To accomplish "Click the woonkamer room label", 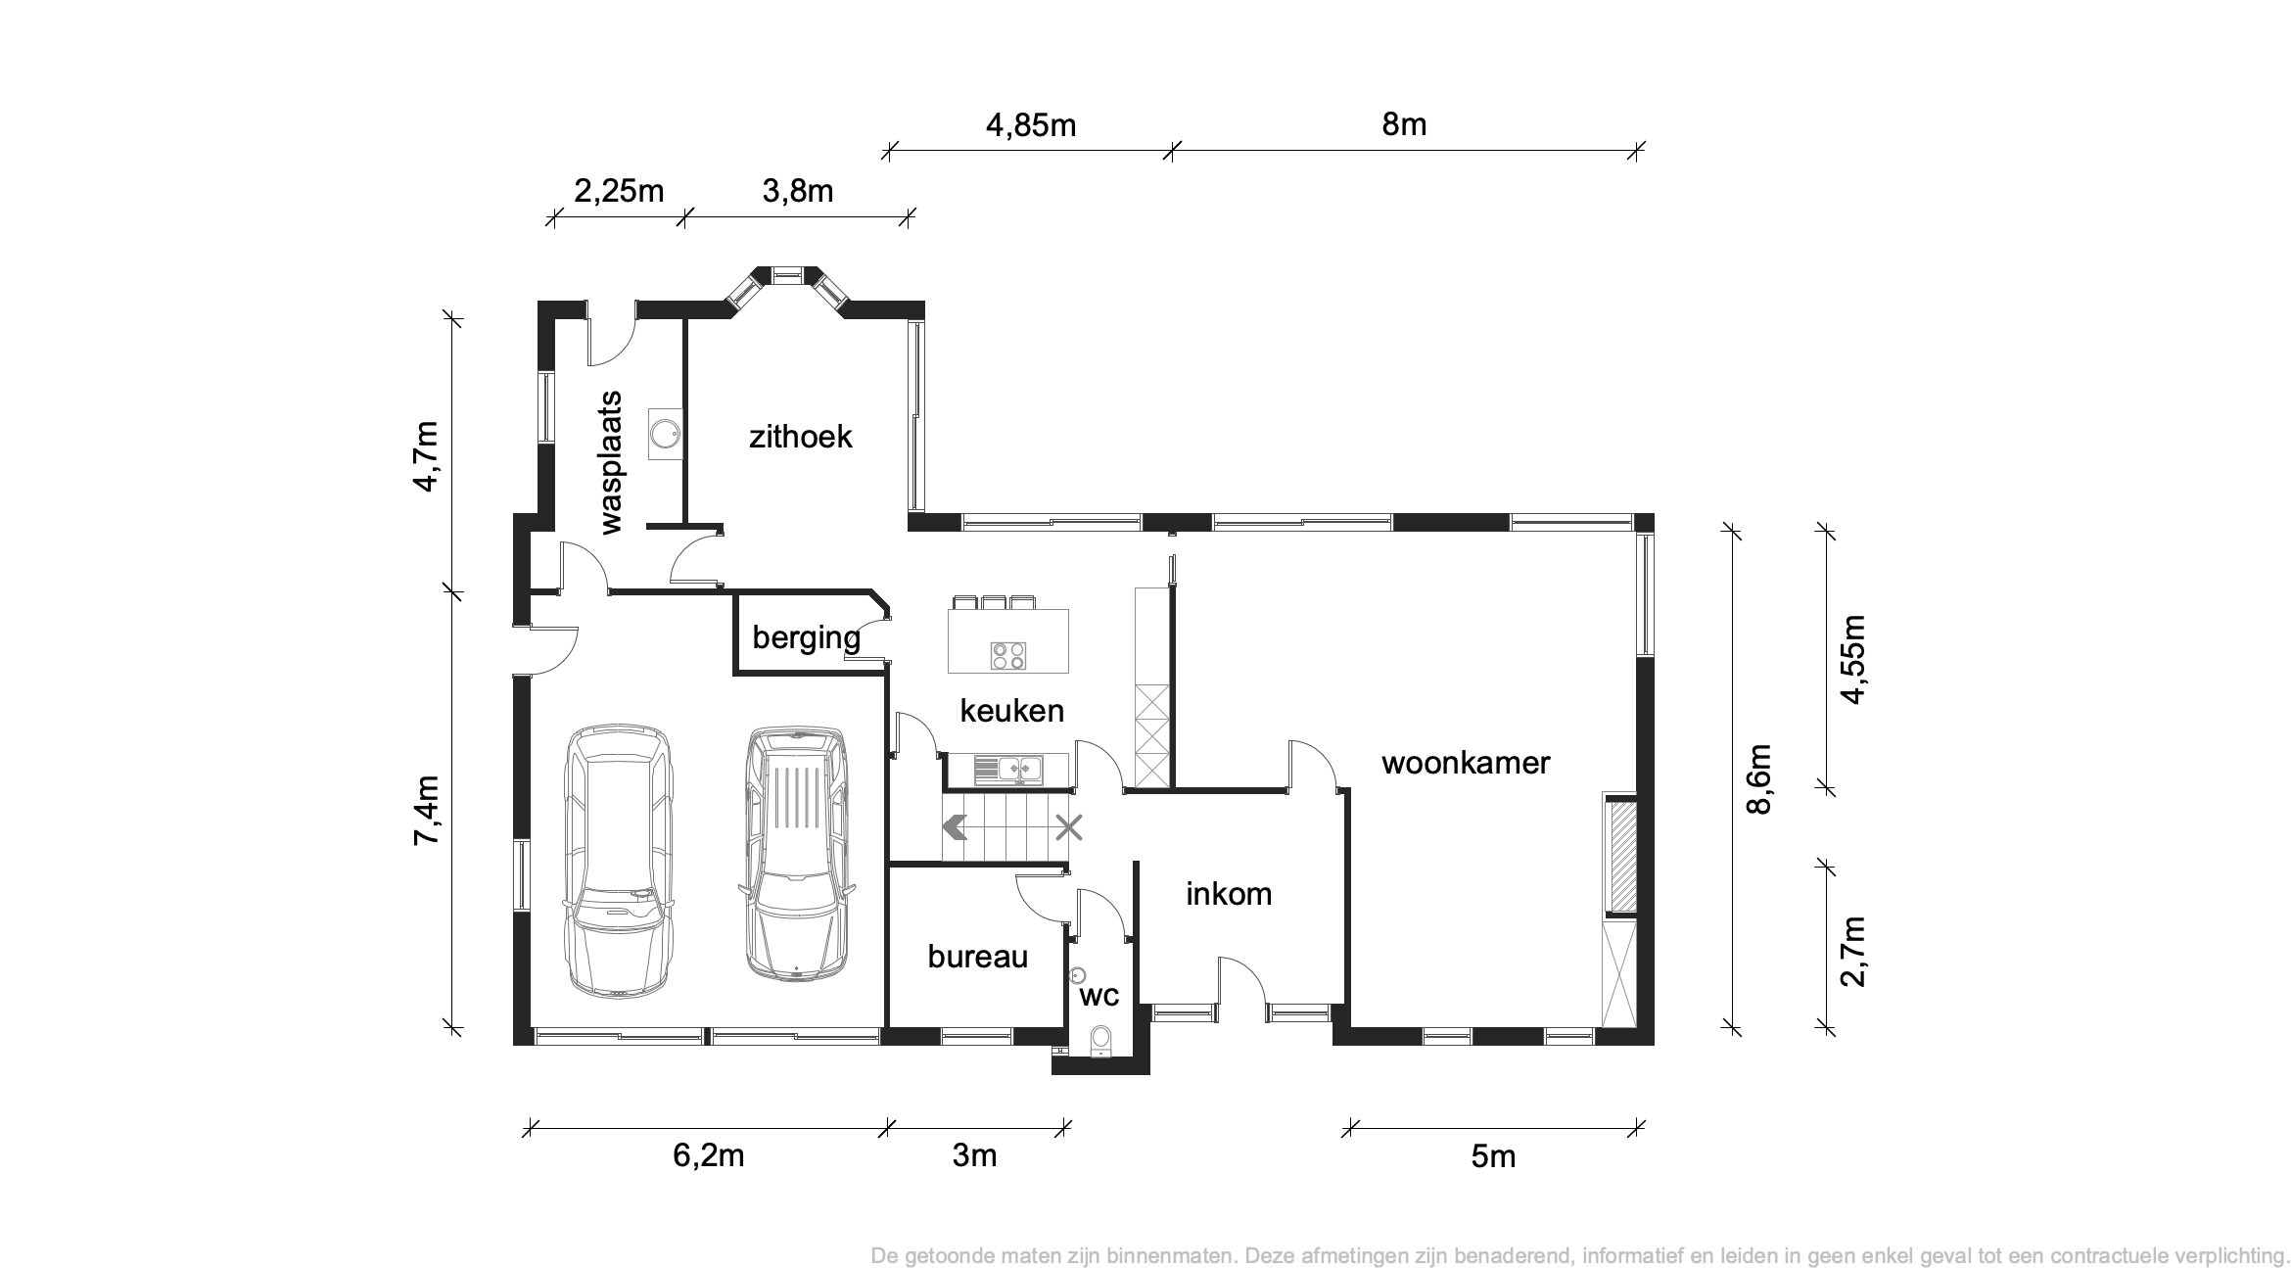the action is pos(1466,763).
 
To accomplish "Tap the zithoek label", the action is pos(800,437).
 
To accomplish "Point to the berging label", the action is pos(806,638).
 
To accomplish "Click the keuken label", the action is pos(1011,711).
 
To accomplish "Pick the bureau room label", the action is pos(977,957).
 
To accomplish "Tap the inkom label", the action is pos(1229,894).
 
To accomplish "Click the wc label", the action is pos(1099,997).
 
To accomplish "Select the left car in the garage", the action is pos(619,862).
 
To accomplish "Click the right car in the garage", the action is pos(795,852).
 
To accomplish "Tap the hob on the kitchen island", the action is pos(1008,655).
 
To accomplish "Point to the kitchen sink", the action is pos(1008,770).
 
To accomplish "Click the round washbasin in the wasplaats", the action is pos(666,433).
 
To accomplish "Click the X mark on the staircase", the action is pos(1068,828).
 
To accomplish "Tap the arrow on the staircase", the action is pos(955,828).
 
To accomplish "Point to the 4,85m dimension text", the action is pos(1030,125).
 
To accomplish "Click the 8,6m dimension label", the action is pos(1759,779).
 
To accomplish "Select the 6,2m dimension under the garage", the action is pos(709,1155).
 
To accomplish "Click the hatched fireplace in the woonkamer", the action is pos(1623,856).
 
